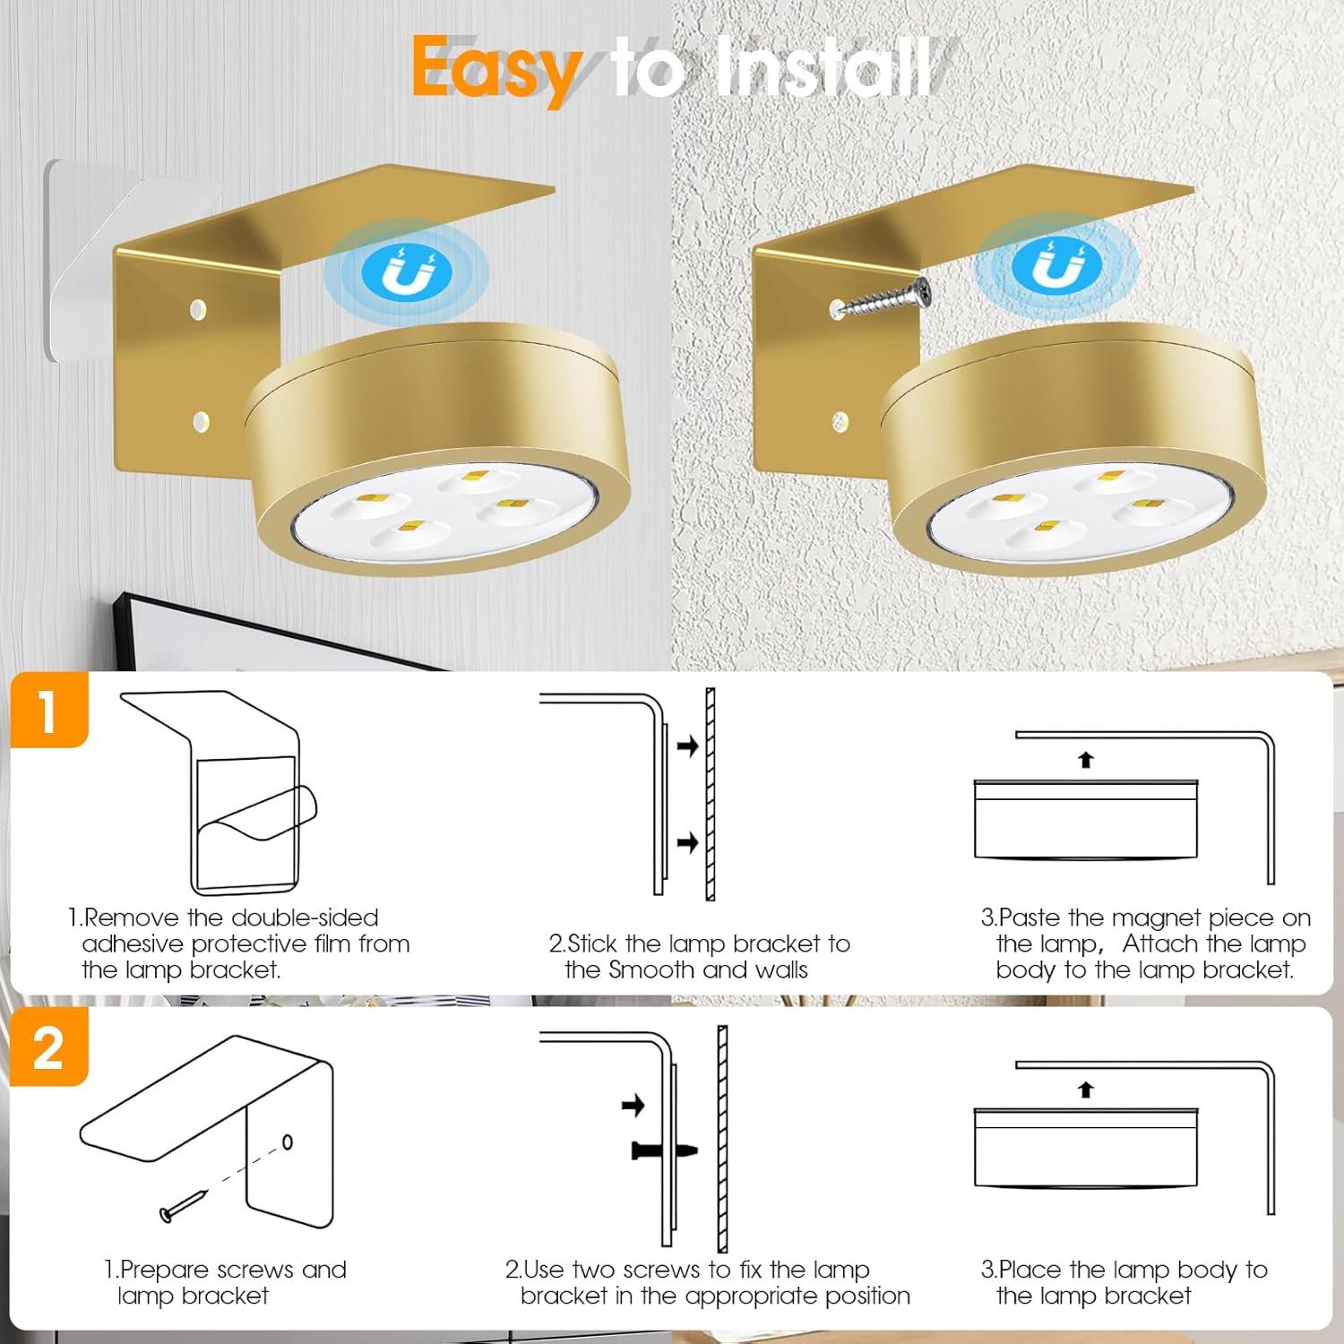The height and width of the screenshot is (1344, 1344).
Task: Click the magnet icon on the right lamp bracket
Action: (x=1055, y=267)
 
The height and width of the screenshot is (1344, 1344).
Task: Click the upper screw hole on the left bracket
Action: (x=198, y=311)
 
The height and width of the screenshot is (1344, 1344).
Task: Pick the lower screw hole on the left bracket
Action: (x=200, y=420)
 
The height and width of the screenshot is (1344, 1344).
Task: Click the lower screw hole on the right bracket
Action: (x=840, y=420)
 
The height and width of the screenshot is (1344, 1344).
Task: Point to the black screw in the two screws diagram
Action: (x=664, y=1150)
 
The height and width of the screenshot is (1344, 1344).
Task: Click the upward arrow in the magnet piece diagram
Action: (x=1086, y=760)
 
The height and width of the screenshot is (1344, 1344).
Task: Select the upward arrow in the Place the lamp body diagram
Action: (x=1086, y=1090)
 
